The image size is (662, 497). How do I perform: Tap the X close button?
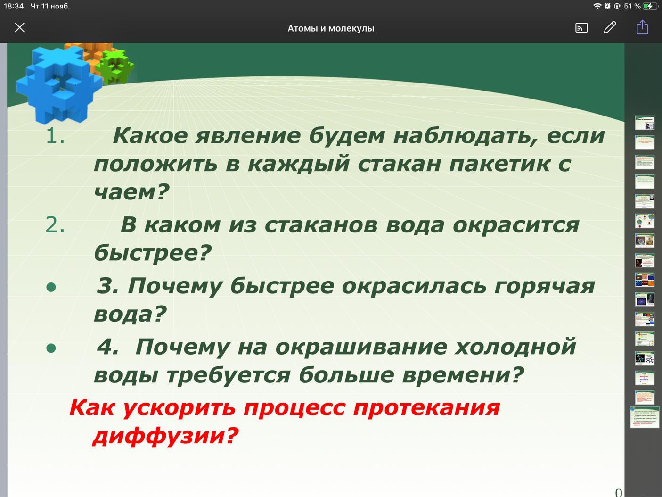(x=20, y=28)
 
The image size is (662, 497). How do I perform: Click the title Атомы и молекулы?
(x=331, y=28)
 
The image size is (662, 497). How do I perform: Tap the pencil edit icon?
(x=610, y=28)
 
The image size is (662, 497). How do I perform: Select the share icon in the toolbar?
(x=642, y=27)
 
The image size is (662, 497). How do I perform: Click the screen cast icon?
(x=581, y=28)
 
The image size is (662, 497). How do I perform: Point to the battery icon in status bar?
(x=650, y=6)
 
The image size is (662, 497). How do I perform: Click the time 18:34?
(x=14, y=6)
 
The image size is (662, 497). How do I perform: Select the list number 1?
(x=55, y=136)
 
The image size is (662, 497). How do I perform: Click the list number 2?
(x=55, y=225)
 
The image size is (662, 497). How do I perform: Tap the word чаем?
(x=131, y=191)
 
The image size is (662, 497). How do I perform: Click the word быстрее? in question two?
(x=153, y=252)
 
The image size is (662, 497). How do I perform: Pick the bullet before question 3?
(x=51, y=287)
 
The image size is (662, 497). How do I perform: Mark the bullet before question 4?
(x=51, y=348)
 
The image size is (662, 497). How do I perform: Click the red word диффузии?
(x=165, y=436)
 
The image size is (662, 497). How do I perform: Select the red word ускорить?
(x=179, y=408)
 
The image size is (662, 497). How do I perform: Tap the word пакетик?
(x=499, y=164)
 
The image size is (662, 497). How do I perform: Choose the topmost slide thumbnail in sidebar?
(x=645, y=123)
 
